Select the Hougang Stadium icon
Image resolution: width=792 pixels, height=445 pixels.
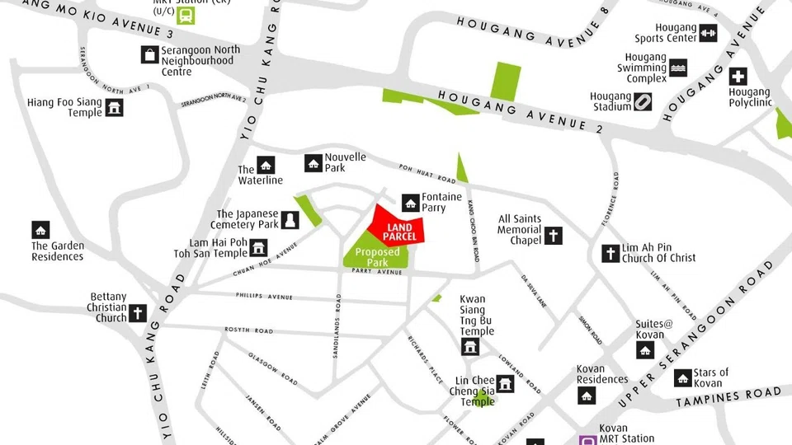pos(643,101)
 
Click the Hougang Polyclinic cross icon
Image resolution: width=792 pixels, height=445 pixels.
pos(738,77)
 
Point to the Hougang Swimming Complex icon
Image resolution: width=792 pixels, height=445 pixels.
pos(678,68)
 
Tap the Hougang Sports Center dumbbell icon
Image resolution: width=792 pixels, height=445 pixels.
pos(708,33)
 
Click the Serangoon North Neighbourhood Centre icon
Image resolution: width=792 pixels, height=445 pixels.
pos(149,54)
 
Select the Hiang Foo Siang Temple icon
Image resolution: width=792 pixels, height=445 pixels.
pos(114,108)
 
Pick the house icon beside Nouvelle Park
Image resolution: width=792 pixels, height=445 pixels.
pos(313,163)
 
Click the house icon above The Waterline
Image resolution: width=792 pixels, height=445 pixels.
pos(266,165)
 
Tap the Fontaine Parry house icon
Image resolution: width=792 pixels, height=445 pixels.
pos(410,202)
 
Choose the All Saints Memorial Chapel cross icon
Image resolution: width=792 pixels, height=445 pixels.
pos(553,236)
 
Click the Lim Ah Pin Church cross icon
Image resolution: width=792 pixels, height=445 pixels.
pos(610,253)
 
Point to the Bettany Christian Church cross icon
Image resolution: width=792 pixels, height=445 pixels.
pos(137,312)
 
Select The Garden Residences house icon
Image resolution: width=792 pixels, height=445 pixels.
pos(40,230)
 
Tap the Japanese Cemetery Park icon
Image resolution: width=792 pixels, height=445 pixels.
pos(290,219)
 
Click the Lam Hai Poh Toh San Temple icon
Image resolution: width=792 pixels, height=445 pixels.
pos(259,247)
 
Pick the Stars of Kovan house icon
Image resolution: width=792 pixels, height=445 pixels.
pos(682,377)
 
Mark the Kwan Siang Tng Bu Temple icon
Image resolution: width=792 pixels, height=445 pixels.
pos(470,346)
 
